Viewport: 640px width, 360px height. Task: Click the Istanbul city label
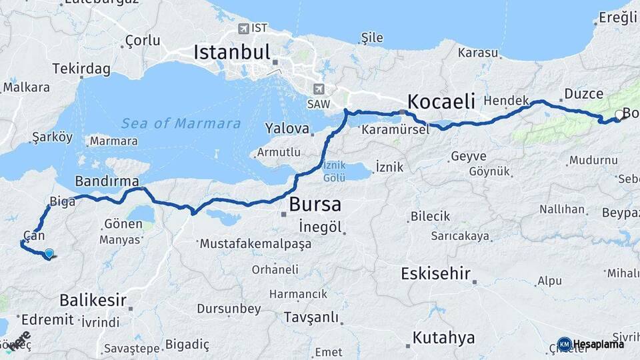[231, 52]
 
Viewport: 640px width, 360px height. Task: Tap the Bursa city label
[315, 204]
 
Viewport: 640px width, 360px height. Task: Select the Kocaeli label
[441, 101]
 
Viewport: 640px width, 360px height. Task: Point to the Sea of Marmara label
[181, 123]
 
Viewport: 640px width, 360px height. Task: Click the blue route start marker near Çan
[49, 253]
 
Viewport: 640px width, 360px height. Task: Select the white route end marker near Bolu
[619, 115]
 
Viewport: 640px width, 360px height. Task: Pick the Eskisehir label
[436, 273]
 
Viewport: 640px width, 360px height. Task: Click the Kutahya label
[443, 337]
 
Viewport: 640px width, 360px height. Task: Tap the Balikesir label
[93, 299]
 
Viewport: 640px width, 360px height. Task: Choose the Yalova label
[287, 128]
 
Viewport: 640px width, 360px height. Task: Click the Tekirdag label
[81, 69]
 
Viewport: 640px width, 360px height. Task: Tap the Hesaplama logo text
[598, 344]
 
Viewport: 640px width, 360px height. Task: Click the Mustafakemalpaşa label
[255, 243]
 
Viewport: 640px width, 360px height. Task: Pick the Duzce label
[583, 93]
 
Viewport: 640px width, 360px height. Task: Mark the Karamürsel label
[395, 130]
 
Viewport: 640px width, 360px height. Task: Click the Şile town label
[372, 37]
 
